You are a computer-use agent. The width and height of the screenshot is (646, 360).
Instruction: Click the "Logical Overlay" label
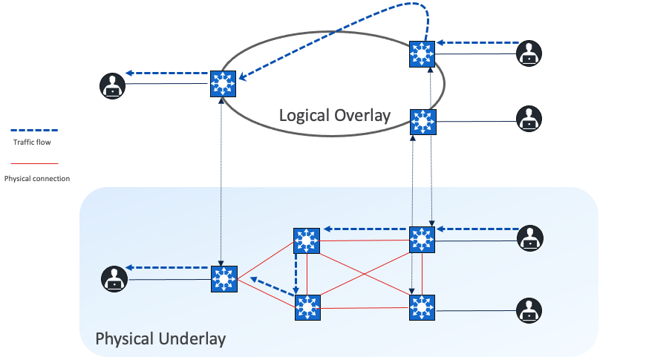tap(334, 115)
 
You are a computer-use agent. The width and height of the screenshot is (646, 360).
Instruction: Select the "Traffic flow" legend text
tap(32, 141)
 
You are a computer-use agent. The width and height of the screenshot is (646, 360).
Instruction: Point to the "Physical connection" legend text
tap(37, 178)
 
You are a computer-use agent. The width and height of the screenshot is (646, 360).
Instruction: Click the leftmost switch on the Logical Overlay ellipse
tap(222, 82)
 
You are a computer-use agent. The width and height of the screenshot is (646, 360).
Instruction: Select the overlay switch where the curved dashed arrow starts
tap(422, 53)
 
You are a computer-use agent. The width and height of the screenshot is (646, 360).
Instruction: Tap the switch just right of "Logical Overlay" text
tap(422, 121)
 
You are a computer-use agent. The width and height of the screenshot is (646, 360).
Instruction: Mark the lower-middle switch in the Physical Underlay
tap(306, 307)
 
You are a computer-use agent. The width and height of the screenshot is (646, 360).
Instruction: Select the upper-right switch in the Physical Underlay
tap(422, 239)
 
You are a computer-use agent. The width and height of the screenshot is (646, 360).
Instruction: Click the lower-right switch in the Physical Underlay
tap(422, 307)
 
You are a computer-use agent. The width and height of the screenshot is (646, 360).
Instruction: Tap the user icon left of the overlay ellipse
tap(112, 85)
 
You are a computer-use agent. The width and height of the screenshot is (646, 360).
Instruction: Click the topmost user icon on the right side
tap(529, 53)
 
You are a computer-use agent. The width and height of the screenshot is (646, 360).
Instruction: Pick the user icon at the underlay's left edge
tap(113, 279)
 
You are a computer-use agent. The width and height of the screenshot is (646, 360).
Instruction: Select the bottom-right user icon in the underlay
tap(529, 310)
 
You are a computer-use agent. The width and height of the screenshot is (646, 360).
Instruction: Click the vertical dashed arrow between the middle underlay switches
tap(296, 273)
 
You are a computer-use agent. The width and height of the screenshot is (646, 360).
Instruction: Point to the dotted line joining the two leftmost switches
tap(221, 178)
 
